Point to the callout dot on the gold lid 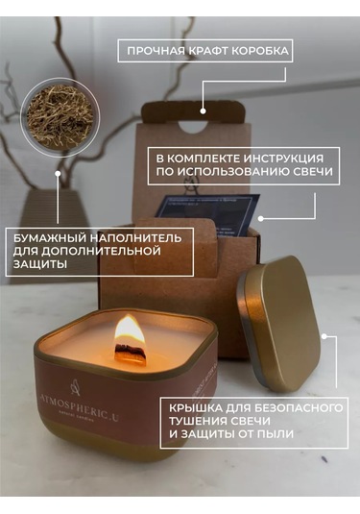click(325, 337)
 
